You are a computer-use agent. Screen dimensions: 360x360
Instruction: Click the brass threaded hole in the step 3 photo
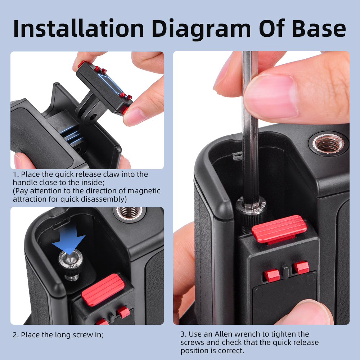(x=329, y=144)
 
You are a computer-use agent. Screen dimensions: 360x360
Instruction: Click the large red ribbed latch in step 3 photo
(x=279, y=229)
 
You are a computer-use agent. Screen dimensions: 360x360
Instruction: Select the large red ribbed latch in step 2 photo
(x=103, y=290)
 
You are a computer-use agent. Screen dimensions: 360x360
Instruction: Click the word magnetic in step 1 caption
(x=144, y=191)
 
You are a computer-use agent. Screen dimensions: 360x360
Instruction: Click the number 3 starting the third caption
(x=183, y=334)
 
